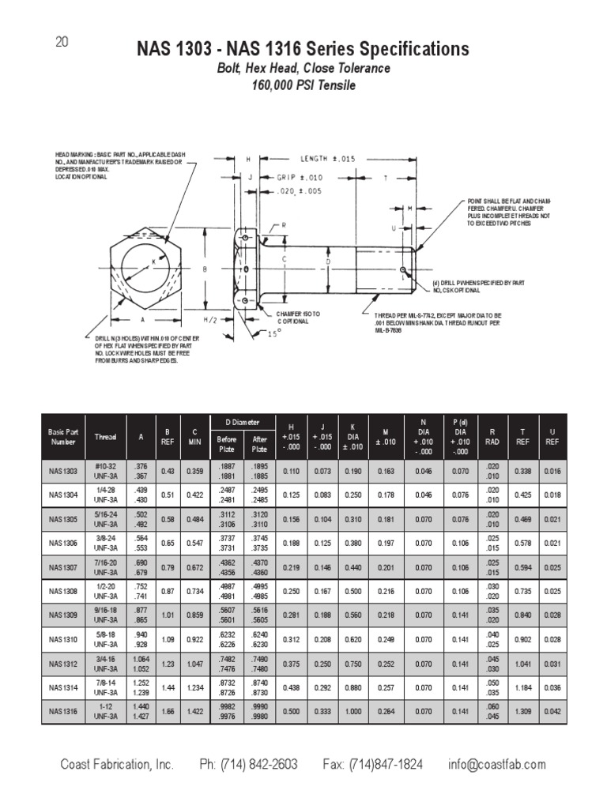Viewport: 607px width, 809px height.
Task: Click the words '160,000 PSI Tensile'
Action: point(303,85)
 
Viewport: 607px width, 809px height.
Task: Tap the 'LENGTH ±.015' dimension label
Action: point(328,158)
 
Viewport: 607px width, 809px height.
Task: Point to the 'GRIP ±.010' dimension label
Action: point(300,178)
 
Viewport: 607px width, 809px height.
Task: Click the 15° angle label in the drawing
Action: point(273,333)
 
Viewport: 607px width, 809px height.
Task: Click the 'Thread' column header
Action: point(105,437)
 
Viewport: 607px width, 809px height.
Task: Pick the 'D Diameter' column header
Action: point(240,423)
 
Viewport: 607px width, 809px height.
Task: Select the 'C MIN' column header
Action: point(194,437)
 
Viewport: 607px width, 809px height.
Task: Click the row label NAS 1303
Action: point(62,472)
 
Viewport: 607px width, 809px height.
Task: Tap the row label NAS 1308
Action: point(62,590)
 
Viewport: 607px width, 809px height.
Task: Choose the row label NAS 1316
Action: point(62,712)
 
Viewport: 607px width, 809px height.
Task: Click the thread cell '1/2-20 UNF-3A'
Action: point(105,590)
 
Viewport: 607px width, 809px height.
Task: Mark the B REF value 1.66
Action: point(168,712)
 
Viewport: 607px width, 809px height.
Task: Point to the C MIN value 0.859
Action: point(194,615)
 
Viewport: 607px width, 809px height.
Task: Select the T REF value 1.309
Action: point(521,712)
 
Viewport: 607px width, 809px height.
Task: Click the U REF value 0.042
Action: point(552,712)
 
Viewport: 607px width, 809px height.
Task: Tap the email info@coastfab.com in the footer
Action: point(496,765)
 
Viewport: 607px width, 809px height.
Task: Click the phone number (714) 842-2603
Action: point(248,765)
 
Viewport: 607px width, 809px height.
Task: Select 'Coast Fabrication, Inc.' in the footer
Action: point(117,765)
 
